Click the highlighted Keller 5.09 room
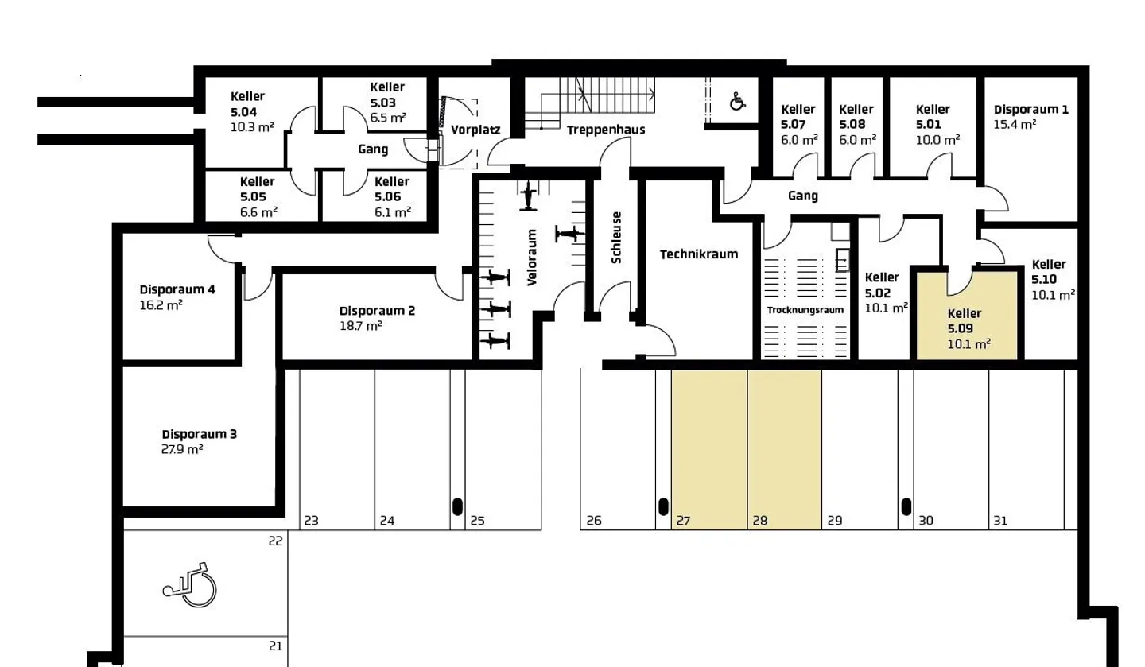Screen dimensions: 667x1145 coord(967,318)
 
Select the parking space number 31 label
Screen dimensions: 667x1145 coord(1000,521)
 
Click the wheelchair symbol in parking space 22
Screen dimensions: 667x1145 coord(191,585)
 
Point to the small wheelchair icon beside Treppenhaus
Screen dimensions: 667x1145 coord(738,101)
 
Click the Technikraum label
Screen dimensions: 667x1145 coord(698,254)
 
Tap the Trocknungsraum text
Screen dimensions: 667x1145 coord(805,309)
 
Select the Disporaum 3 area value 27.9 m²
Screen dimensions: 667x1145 coord(182,449)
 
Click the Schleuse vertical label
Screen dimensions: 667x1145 coord(616,237)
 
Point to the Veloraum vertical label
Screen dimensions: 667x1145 coord(532,257)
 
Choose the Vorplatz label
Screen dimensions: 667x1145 coord(475,130)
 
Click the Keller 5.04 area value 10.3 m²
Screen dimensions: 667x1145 coord(251,126)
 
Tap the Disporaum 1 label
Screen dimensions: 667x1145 coord(1030,110)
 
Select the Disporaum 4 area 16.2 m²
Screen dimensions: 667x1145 coord(161,304)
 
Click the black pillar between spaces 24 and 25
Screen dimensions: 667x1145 coord(457,506)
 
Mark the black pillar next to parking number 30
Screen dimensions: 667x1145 coord(906,506)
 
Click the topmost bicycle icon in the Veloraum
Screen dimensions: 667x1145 coord(528,196)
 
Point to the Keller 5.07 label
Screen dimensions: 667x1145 coord(798,117)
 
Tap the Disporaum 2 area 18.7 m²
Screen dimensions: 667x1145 coord(361,326)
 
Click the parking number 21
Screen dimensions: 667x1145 coord(275,646)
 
